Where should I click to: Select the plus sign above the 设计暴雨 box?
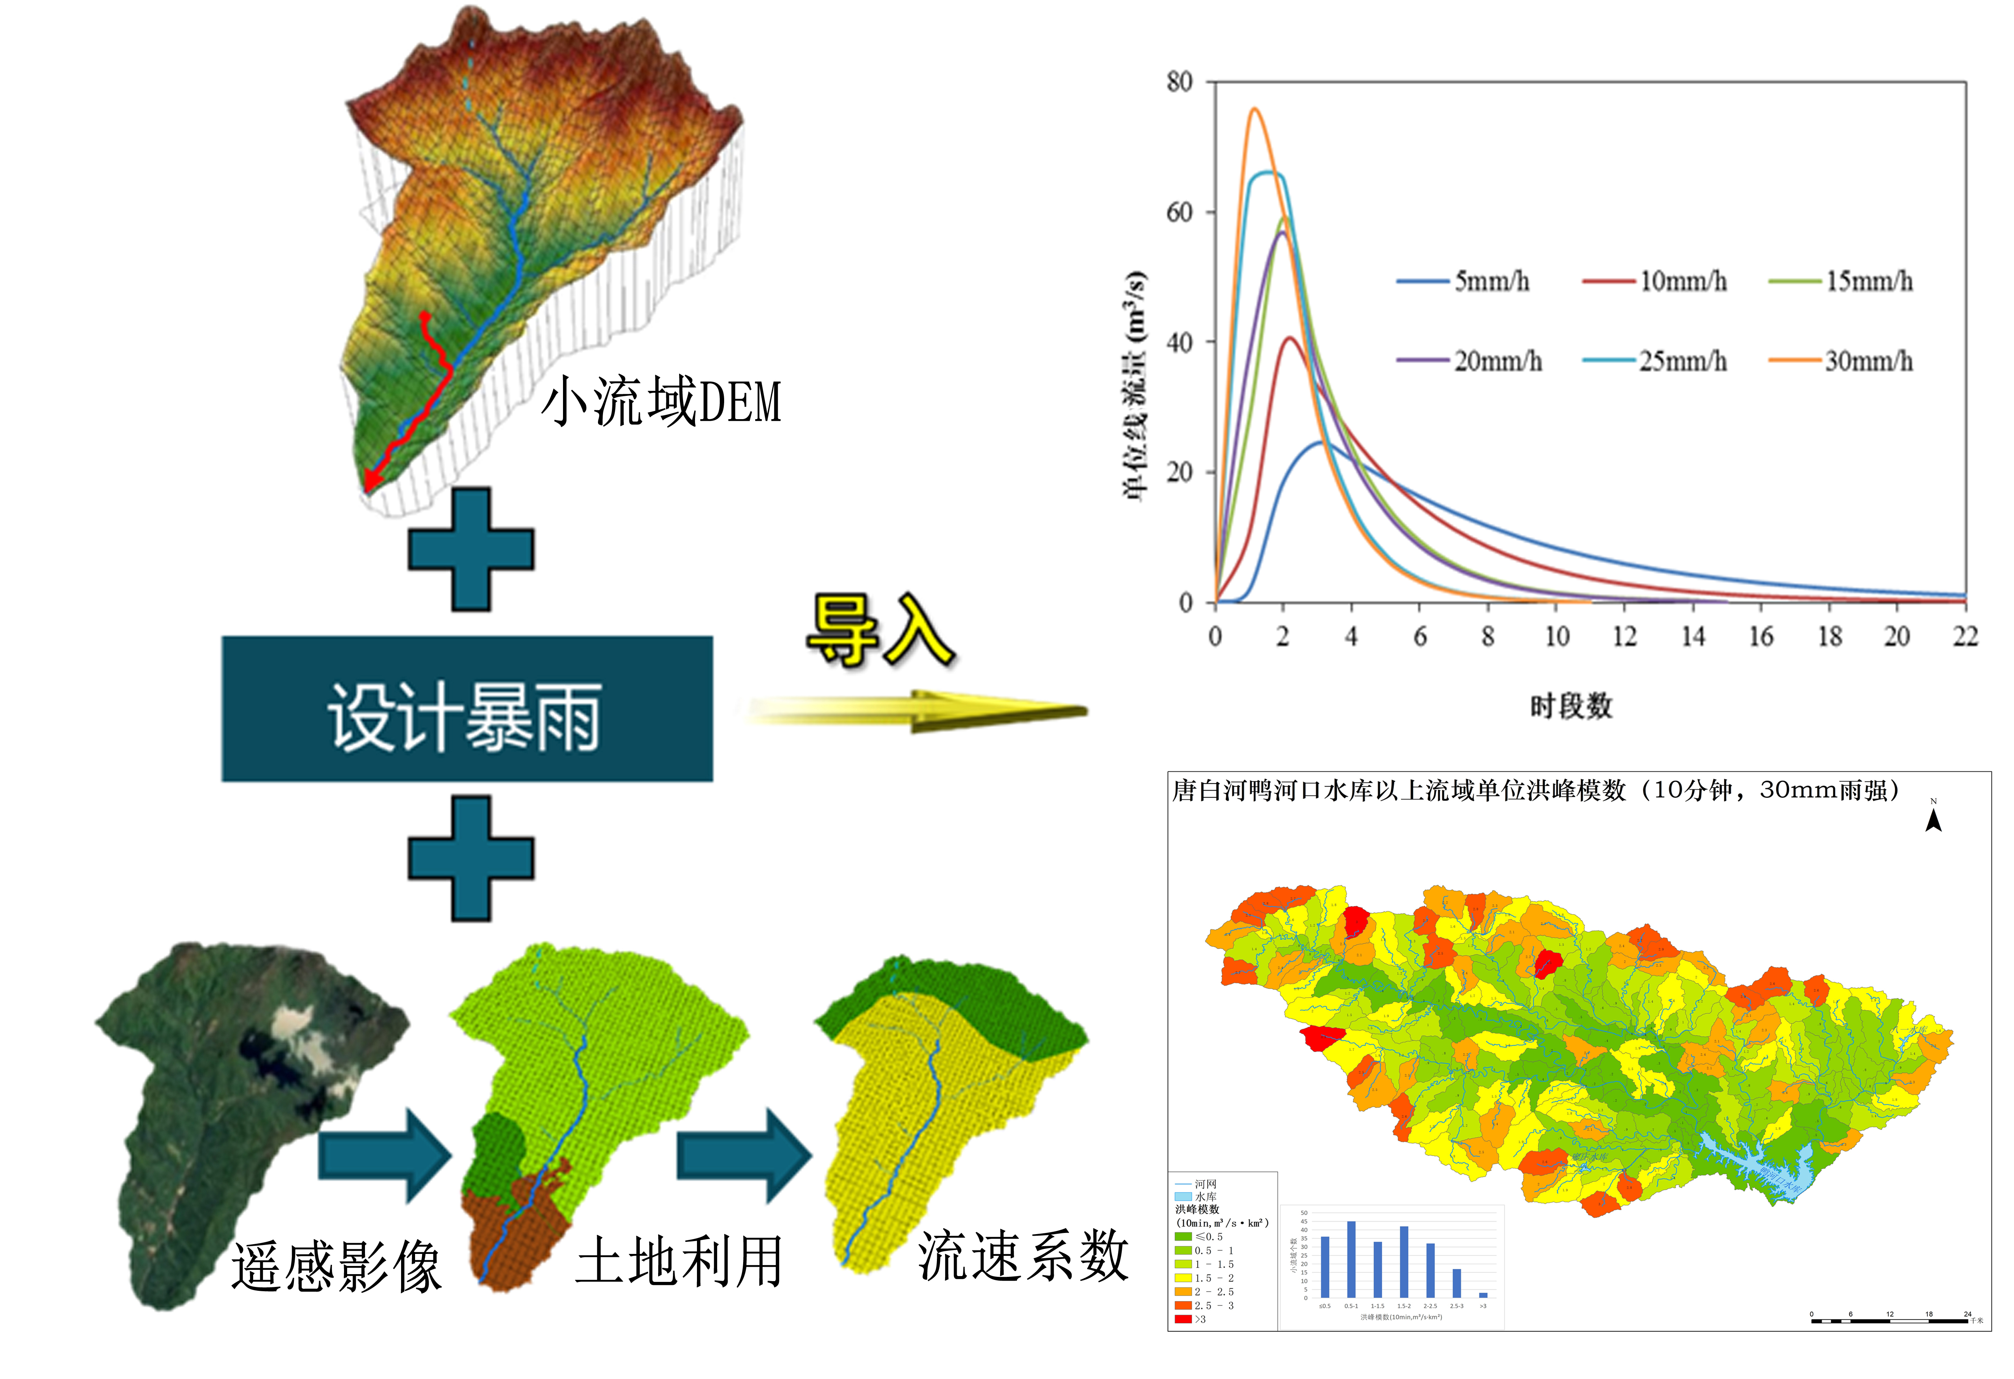(x=471, y=550)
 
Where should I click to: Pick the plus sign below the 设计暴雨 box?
(x=471, y=858)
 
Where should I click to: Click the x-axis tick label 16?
(x=1761, y=637)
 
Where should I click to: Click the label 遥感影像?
(x=336, y=1266)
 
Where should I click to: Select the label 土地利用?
(x=679, y=1261)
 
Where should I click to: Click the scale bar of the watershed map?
(x=1889, y=1320)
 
